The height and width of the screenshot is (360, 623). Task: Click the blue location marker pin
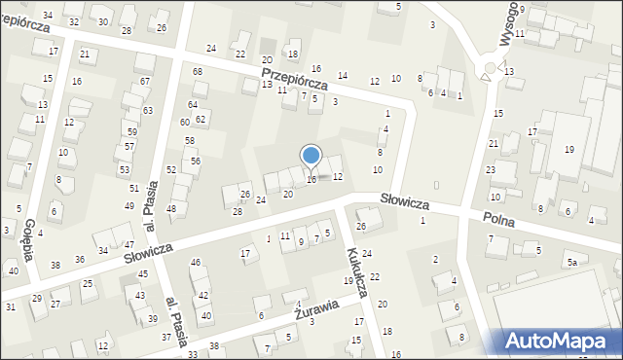(x=311, y=156)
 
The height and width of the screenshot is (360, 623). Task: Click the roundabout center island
(x=490, y=70)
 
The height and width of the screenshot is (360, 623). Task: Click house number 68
(x=198, y=72)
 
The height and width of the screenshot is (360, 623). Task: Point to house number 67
(x=145, y=81)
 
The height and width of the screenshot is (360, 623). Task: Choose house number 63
(x=148, y=111)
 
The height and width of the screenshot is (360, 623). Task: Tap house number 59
(x=131, y=131)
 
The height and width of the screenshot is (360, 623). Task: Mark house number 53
(x=125, y=169)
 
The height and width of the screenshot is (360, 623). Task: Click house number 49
(x=128, y=206)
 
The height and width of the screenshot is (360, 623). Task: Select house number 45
(x=143, y=274)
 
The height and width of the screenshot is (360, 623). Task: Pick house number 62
(x=201, y=120)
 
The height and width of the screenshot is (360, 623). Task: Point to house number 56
(x=195, y=161)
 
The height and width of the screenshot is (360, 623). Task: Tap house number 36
(x=80, y=259)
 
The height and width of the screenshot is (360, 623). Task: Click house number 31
(x=10, y=307)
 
